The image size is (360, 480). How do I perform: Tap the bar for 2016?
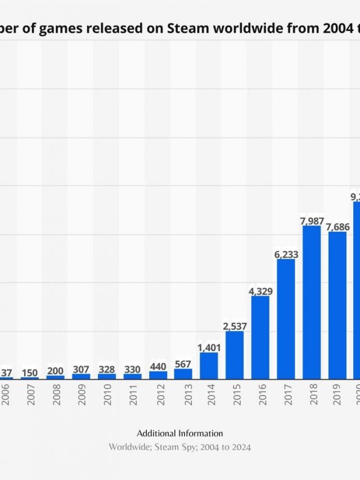260,337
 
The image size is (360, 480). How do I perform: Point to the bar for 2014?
209,365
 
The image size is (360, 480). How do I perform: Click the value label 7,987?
312,221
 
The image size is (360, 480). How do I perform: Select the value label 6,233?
286,254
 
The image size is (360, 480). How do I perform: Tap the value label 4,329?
260,291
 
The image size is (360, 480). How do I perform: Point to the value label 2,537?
235,326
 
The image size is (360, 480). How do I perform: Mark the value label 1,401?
209,348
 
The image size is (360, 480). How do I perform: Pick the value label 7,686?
338,226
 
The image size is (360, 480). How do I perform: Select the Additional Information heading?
180,433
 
